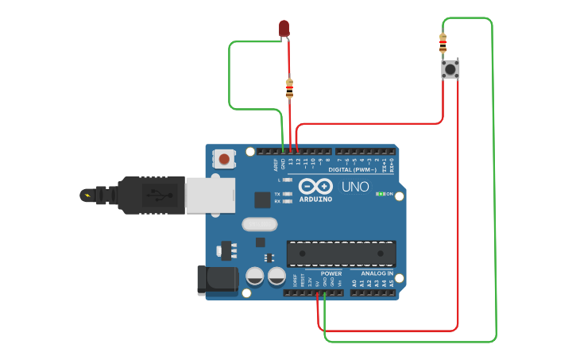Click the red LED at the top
point(284,29)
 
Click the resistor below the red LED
point(289,88)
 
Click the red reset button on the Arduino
point(224,159)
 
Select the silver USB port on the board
point(211,195)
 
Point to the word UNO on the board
point(355,188)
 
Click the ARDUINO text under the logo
point(315,199)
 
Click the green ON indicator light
point(381,194)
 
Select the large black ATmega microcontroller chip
point(341,254)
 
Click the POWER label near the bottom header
point(331,273)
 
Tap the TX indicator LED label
point(276,194)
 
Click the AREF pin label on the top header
point(276,165)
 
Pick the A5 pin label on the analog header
point(391,282)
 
